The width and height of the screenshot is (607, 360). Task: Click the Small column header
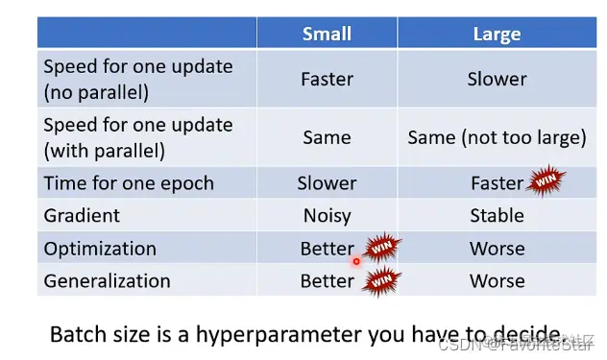click(327, 34)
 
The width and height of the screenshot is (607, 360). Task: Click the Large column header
click(497, 34)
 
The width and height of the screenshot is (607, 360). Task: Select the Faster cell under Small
click(327, 80)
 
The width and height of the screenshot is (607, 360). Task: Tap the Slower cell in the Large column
click(497, 80)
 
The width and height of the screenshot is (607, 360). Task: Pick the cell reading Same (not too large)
click(497, 138)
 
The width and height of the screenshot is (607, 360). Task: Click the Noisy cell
click(327, 216)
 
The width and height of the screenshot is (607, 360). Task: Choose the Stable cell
click(497, 216)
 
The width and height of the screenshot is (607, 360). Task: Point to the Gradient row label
click(82, 216)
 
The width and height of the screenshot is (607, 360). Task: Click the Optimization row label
click(100, 249)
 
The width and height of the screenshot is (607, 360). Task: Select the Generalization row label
click(107, 281)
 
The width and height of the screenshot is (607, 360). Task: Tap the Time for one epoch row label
click(129, 183)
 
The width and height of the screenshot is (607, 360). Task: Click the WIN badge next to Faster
click(546, 180)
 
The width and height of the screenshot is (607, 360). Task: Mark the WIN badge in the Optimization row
click(381, 248)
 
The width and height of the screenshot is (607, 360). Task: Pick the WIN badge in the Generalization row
click(381, 281)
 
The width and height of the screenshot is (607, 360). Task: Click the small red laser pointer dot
click(356, 262)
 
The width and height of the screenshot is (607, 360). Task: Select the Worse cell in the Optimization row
click(498, 249)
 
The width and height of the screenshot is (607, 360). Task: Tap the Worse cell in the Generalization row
click(498, 281)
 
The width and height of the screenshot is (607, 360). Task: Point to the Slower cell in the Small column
click(327, 183)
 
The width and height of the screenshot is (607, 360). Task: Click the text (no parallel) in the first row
click(96, 93)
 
